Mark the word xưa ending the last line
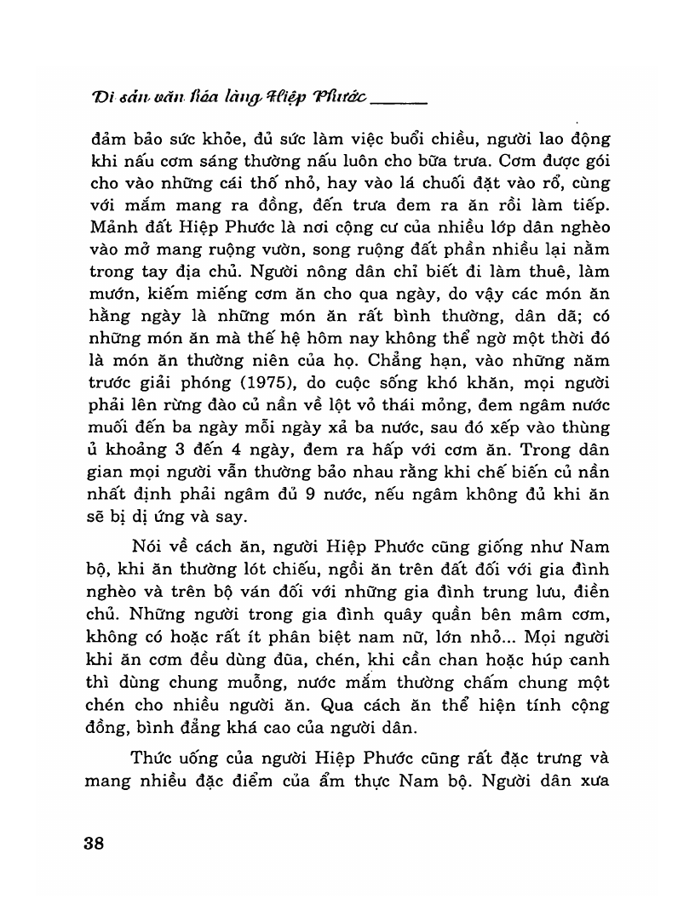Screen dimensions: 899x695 (x=589, y=780)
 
